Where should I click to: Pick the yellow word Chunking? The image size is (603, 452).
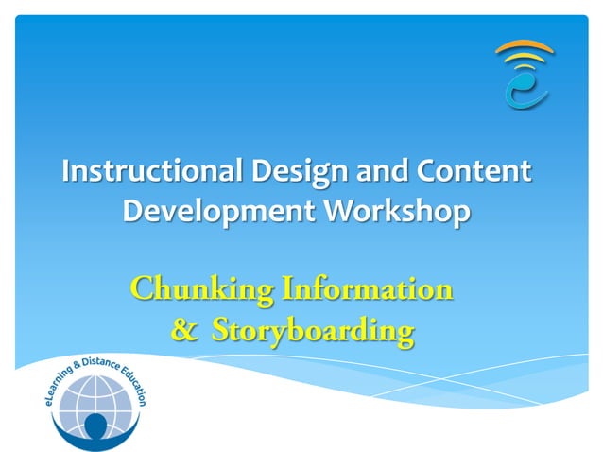[x=196, y=288]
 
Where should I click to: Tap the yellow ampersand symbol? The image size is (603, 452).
[x=184, y=330]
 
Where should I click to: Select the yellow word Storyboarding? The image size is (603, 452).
[x=312, y=331]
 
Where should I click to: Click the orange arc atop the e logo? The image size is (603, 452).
[x=525, y=45]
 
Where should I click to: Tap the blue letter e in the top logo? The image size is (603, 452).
[x=524, y=90]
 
